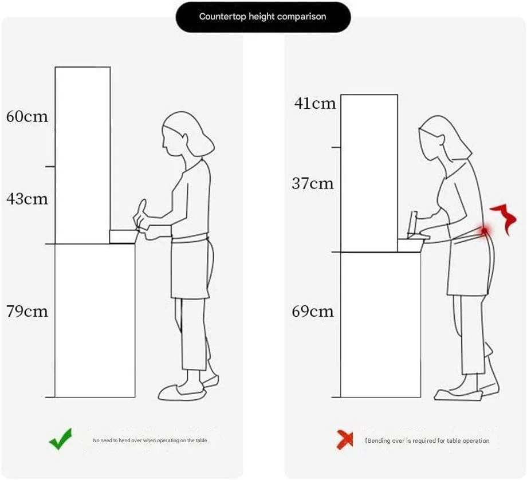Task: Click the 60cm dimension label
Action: (x=27, y=117)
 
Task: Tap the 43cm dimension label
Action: (x=27, y=199)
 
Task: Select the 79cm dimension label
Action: (x=27, y=311)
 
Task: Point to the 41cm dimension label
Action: (x=315, y=103)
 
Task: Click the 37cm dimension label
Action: (x=313, y=183)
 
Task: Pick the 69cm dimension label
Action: (x=313, y=311)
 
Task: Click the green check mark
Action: (x=61, y=439)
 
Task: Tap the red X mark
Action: (x=345, y=439)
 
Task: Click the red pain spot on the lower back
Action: (x=484, y=231)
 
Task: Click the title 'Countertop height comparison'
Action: (x=262, y=17)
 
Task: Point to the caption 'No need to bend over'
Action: (x=150, y=440)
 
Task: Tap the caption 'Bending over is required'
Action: (x=427, y=440)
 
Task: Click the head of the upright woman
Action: (x=187, y=135)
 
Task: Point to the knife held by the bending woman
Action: (x=413, y=224)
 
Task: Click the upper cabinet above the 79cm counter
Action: (x=82, y=155)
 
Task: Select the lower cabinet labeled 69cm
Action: (x=380, y=325)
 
